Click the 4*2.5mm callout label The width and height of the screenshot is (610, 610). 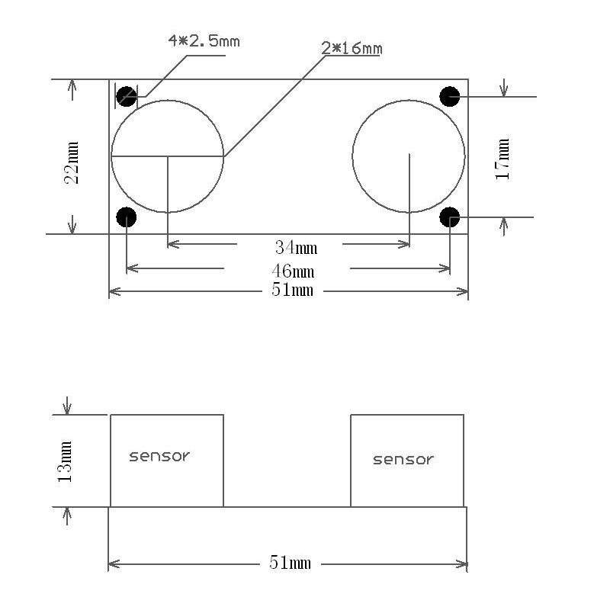[x=204, y=40]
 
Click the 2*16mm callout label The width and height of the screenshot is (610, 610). [x=352, y=49]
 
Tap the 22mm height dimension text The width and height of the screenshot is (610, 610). [x=72, y=162]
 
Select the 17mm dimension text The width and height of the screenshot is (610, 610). [x=502, y=158]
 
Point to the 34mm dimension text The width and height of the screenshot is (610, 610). [x=296, y=247]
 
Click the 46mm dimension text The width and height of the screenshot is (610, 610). [x=293, y=271]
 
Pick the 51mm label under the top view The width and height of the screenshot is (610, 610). [x=292, y=291]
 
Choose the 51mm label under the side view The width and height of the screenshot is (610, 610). [x=291, y=563]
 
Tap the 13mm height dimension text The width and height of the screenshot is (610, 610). [x=66, y=461]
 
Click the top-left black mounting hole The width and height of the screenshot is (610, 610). [x=127, y=97]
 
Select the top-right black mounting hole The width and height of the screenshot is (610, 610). [x=450, y=96]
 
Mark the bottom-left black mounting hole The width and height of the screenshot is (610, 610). [x=126, y=217]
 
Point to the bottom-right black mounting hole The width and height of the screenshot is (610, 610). [x=450, y=217]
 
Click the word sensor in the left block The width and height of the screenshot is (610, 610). [x=159, y=456]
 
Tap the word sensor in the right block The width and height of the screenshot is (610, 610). [x=403, y=459]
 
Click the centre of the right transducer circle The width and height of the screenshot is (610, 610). [x=409, y=157]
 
